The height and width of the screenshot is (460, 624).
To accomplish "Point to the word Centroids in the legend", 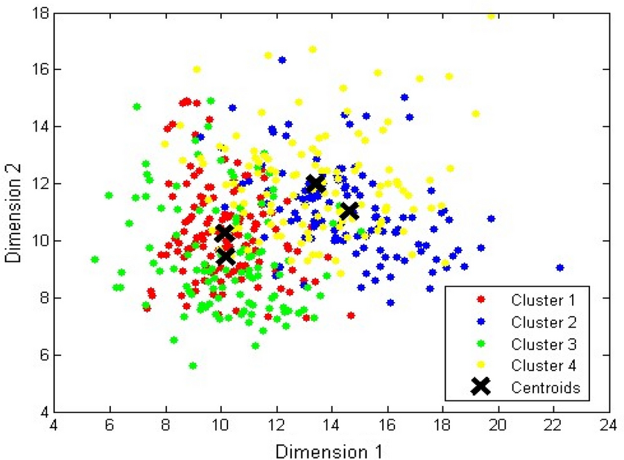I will coord(545,387).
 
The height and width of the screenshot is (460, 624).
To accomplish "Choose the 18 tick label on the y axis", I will coord(40,12).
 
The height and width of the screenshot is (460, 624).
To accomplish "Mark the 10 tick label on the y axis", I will coord(40,241).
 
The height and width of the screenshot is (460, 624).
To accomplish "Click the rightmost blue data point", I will coord(560,267).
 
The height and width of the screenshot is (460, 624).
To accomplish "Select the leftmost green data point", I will coord(94,260).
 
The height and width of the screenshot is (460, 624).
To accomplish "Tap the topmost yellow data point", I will coord(491,15).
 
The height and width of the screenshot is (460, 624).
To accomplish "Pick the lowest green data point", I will coord(193,365).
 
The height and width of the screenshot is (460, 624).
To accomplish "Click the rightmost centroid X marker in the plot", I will coord(349,211).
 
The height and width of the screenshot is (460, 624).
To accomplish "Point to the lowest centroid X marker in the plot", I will coord(225,256).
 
